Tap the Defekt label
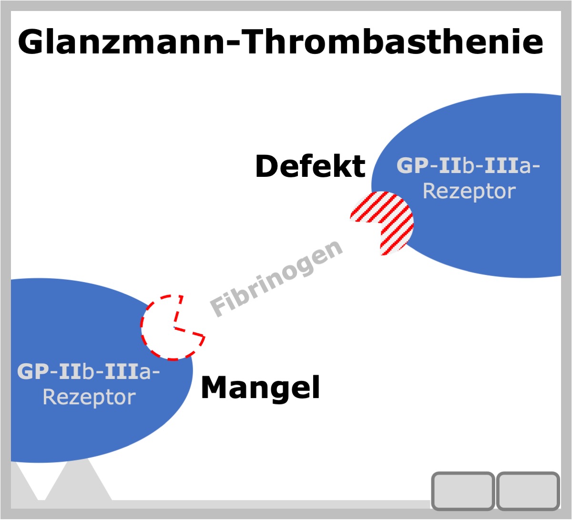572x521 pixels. coord(310,166)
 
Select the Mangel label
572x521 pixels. coord(260,387)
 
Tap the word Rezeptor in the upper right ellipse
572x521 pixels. coord(470,192)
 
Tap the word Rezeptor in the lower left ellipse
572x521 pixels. coord(89,398)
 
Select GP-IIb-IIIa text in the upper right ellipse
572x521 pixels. coord(468,165)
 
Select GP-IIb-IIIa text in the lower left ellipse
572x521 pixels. coord(88,371)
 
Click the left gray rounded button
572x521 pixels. coord(463,491)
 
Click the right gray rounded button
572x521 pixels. coord(528,491)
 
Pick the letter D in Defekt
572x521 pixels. coord(267,166)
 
